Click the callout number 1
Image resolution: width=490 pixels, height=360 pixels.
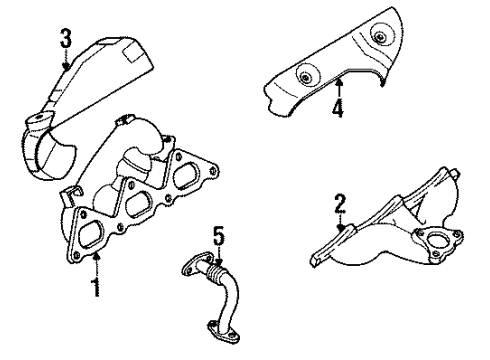pos(96,290)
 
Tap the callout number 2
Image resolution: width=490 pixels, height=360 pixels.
pos(339,205)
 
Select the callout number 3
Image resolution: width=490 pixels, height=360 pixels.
pos(65,40)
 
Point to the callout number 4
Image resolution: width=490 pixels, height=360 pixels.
pos(338,107)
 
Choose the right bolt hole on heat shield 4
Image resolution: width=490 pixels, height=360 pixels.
pos(379,37)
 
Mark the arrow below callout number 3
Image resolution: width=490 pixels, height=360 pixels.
pos(65,62)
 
